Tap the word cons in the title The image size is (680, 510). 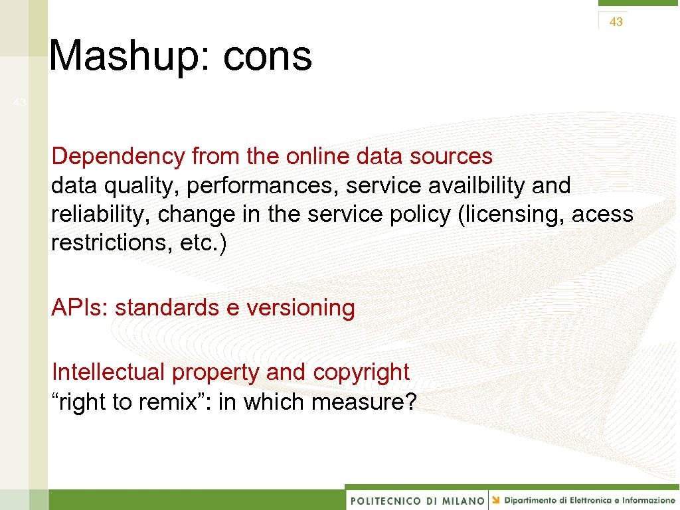pyautogui.click(x=267, y=56)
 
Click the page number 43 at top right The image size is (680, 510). pyautogui.click(x=616, y=22)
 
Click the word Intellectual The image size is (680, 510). pyautogui.click(x=108, y=372)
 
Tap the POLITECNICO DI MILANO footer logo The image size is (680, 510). pyautogui.click(x=417, y=500)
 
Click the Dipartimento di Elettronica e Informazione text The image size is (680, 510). pyautogui.click(x=588, y=500)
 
